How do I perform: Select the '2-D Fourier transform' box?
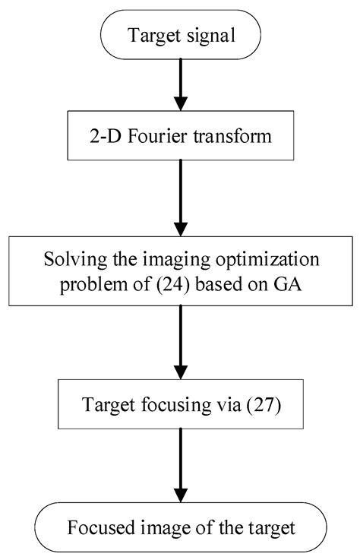(179, 138)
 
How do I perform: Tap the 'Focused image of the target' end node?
(179, 526)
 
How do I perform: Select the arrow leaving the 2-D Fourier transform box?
(179, 197)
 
